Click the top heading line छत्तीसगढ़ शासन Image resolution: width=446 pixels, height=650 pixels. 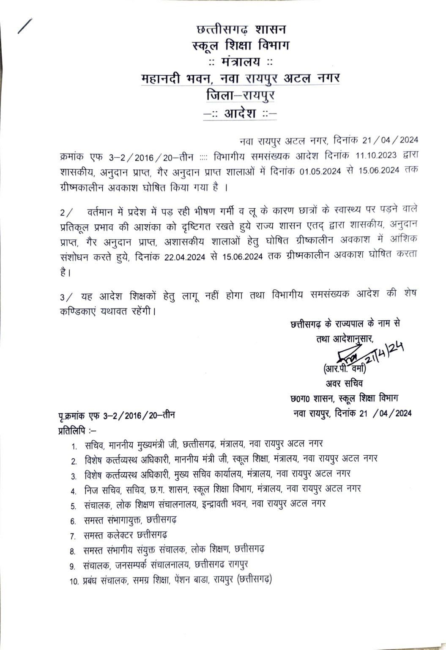click(x=241, y=30)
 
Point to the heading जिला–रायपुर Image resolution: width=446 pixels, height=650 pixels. click(x=240, y=95)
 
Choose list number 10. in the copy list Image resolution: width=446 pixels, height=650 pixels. click(x=75, y=581)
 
